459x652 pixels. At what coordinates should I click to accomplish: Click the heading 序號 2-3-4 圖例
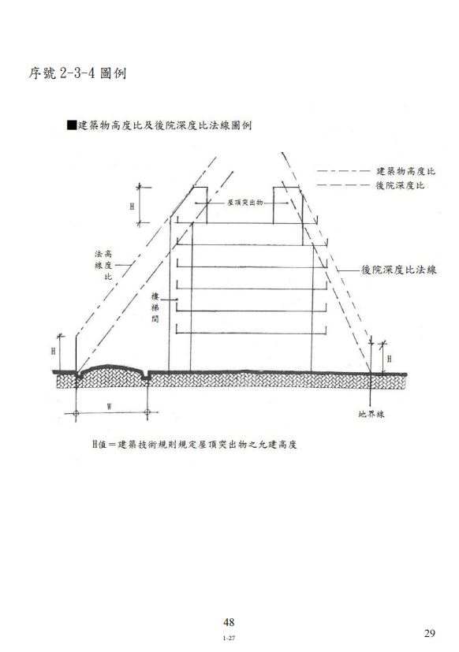coord(77,73)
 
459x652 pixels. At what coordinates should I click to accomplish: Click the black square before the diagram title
coord(72,125)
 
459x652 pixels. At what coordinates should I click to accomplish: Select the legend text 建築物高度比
coord(405,171)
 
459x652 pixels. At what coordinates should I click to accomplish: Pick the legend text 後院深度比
coord(400,185)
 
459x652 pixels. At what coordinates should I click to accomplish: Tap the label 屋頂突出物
coord(244,203)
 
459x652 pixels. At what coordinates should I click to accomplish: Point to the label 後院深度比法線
coord(398,270)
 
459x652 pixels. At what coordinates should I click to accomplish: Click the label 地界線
coord(371,414)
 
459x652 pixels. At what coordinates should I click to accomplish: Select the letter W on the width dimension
coord(109,407)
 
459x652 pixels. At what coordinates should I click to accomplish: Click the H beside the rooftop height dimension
coord(132,207)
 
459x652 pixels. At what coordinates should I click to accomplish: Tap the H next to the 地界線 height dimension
coord(389,359)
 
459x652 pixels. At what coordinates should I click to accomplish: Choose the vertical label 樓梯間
coord(155,307)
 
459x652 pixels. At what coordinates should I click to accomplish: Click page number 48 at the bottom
coord(229,622)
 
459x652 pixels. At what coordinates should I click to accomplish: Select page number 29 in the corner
coord(430,633)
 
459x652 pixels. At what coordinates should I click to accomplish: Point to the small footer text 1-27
coord(229,638)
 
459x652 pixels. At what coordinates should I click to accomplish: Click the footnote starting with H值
coord(194,444)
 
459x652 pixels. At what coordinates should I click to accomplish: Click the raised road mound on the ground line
coord(111,369)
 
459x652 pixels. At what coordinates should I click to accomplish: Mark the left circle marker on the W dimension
coord(76,413)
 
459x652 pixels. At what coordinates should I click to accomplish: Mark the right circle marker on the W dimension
coord(147,412)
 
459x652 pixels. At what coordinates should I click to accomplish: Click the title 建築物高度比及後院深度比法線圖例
coord(165,125)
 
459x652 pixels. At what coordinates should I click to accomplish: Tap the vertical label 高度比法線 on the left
coord(103,265)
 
